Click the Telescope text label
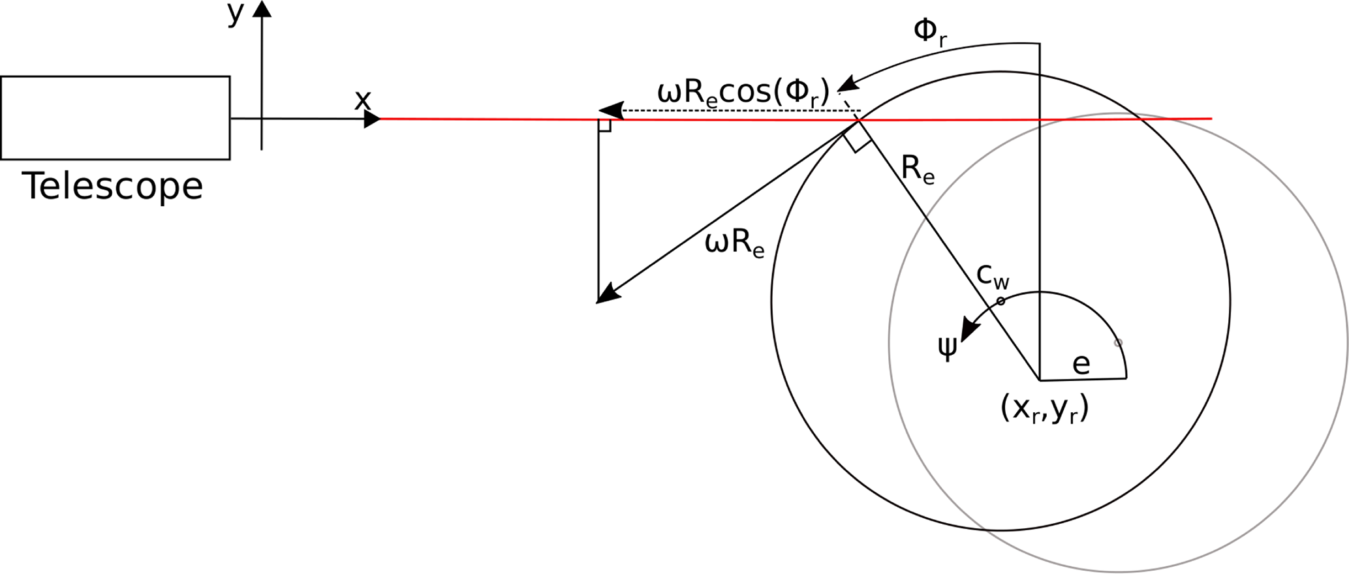click(x=113, y=187)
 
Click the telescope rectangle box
click(x=115, y=117)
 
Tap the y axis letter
click(x=235, y=14)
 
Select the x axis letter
click(x=362, y=100)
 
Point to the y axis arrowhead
click(x=262, y=9)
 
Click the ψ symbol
click(x=947, y=347)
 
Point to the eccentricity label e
click(x=1081, y=363)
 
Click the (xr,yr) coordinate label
click(x=1044, y=410)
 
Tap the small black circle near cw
click(x=1001, y=301)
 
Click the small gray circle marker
click(x=1118, y=342)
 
